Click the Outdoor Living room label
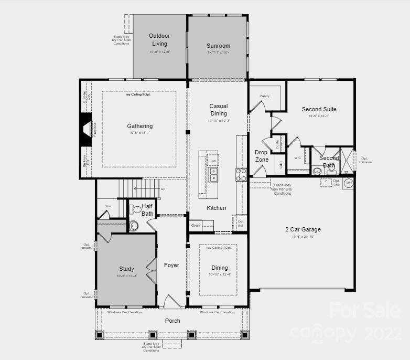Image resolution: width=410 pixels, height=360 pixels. tap(159, 40)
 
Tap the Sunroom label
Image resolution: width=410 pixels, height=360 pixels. tap(218, 46)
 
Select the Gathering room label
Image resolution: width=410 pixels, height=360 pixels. tap(140, 126)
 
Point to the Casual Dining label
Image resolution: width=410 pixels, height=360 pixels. tap(219, 110)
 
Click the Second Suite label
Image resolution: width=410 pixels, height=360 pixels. tap(319, 109)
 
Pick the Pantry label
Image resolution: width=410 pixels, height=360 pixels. tap(264, 96)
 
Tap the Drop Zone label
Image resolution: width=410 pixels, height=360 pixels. tap(262, 156)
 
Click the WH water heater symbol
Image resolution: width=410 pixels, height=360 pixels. tap(349, 183)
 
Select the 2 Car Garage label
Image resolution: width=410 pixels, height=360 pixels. tap(303, 229)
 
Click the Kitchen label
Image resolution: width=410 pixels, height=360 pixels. tap(217, 208)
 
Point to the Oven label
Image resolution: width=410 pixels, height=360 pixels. tap(195, 226)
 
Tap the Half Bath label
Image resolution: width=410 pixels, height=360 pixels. tap(147, 210)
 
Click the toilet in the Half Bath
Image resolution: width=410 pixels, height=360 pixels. tap(137, 209)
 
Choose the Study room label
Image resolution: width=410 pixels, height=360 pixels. tap(126, 269)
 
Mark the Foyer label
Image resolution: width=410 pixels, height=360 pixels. tap(171, 265)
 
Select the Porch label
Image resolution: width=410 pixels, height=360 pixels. tap(172, 321)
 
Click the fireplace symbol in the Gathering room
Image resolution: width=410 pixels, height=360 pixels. tap(85, 129)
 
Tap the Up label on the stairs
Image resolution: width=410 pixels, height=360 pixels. tap(163, 188)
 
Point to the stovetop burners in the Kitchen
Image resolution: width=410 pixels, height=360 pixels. tap(241, 174)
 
